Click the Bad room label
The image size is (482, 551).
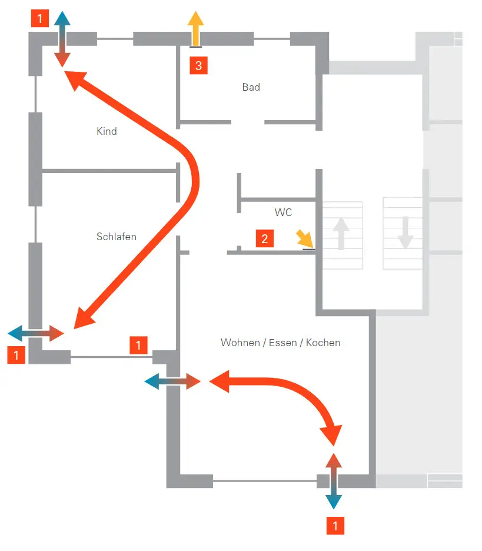(251, 87)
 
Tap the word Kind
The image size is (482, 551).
(107, 131)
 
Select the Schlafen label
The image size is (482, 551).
(117, 237)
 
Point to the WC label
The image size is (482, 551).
(283, 213)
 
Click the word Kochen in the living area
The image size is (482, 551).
(323, 343)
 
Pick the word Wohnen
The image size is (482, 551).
(241, 343)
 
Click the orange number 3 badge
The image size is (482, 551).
(198, 65)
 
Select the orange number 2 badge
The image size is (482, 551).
(264, 238)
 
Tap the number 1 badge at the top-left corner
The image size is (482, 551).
(39, 18)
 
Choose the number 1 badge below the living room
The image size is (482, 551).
(335, 526)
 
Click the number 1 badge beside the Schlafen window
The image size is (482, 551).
(138, 345)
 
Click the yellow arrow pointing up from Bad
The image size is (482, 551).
(195, 28)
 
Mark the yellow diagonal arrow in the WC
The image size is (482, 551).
(304, 239)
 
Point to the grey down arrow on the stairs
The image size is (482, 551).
(405, 233)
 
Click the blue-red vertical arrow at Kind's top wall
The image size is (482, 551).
(62, 39)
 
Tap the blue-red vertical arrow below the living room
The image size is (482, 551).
(333, 481)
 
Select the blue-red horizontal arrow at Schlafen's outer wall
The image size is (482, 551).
(36, 333)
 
